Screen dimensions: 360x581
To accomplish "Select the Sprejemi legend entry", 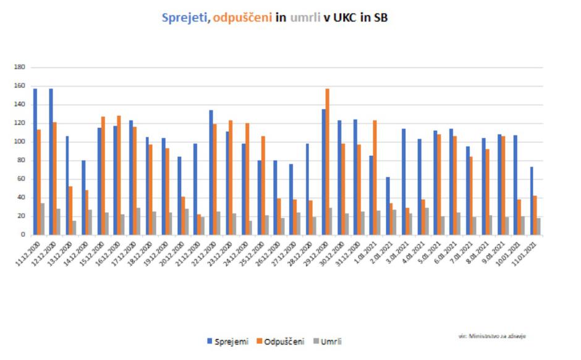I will (232, 341).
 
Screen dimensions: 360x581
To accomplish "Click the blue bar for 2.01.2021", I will (388, 206).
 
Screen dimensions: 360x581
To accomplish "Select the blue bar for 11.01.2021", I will (532, 201).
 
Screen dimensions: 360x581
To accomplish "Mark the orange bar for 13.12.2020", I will (70, 210).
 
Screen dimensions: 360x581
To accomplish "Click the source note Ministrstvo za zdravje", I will (492, 336).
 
